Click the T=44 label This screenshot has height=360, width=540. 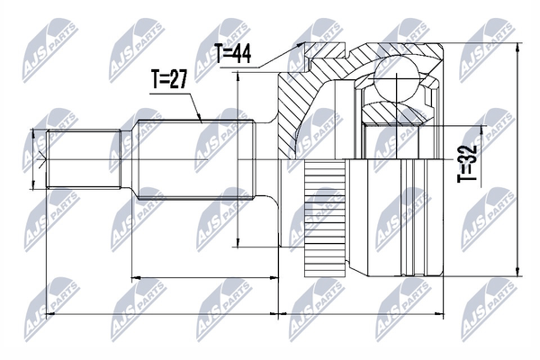click(233, 53)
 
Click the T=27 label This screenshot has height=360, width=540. click(169, 79)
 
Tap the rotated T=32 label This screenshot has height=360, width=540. click(467, 163)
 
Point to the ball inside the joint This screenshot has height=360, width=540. click(397, 80)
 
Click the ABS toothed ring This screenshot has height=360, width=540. click(325, 219)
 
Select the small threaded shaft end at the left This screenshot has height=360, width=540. click(84, 159)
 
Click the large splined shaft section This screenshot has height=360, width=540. click(195, 159)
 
